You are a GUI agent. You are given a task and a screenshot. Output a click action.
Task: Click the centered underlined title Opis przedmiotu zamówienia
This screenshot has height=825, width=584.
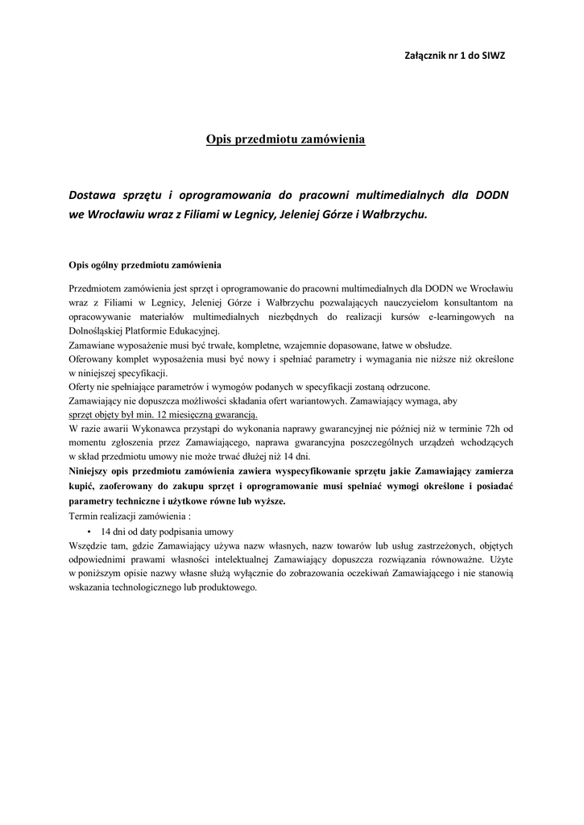(286, 140)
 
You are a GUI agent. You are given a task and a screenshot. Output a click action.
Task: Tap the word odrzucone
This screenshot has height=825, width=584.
(403, 386)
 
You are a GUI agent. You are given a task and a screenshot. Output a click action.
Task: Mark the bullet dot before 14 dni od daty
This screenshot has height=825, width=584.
(88, 532)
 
